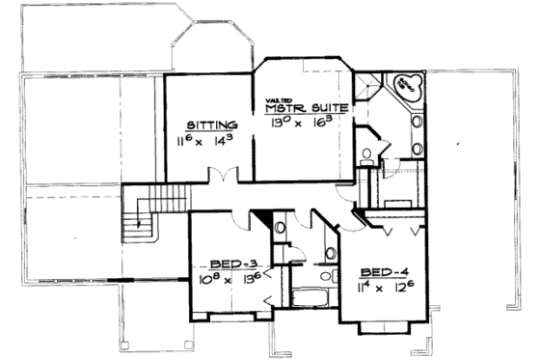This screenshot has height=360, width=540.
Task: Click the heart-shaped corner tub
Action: click(x=405, y=86)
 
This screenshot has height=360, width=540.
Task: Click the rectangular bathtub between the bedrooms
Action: click(x=309, y=293)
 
